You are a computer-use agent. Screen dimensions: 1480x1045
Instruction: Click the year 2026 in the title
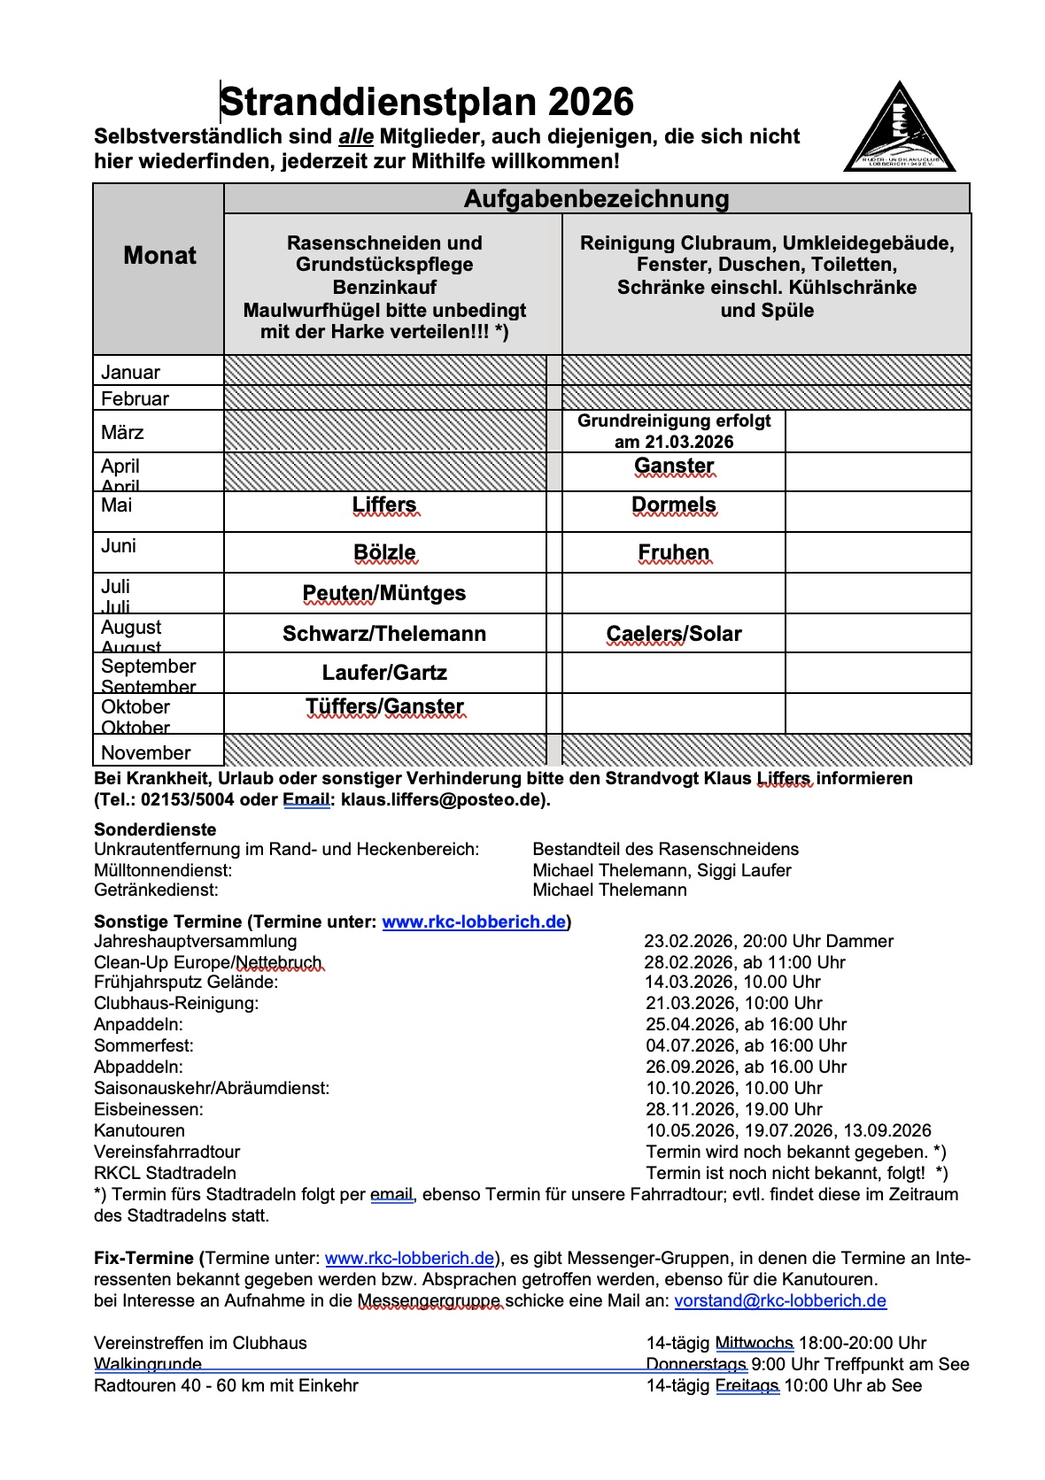click(x=591, y=103)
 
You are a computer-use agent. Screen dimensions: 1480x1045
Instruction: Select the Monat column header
click(x=159, y=256)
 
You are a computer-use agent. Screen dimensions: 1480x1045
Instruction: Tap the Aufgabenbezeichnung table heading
click(x=596, y=199)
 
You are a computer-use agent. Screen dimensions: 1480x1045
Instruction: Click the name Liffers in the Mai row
click(x=384, y=505)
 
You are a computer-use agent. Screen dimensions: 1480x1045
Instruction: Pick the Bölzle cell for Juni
click(x=384, y=553)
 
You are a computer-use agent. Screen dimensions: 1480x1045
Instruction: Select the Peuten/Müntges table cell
click(x=384, y=593)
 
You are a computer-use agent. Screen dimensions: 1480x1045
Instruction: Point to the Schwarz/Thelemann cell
click(x=384, y=634)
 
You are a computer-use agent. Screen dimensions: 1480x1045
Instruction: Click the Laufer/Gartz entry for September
click(x=384, y=673)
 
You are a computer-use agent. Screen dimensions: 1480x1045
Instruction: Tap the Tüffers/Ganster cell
click(x=384, y=706)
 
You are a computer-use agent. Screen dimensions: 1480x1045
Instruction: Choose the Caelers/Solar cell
click(x=674, y=634)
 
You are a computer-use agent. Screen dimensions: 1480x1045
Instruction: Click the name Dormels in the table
click(x=674, y=505)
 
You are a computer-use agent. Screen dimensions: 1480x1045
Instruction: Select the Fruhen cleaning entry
click(x=674, y=553)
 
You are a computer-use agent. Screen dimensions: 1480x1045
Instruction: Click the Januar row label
click(x=131, y=373)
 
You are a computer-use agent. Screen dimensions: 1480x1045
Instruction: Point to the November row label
click(x=146, y=753)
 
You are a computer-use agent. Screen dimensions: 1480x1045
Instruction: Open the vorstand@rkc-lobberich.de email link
click(x=780, y=1301)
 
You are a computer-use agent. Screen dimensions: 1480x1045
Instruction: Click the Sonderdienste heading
click(x=155, y=830)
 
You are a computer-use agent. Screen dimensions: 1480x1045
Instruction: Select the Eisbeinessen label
click(x=148, y=1110)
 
